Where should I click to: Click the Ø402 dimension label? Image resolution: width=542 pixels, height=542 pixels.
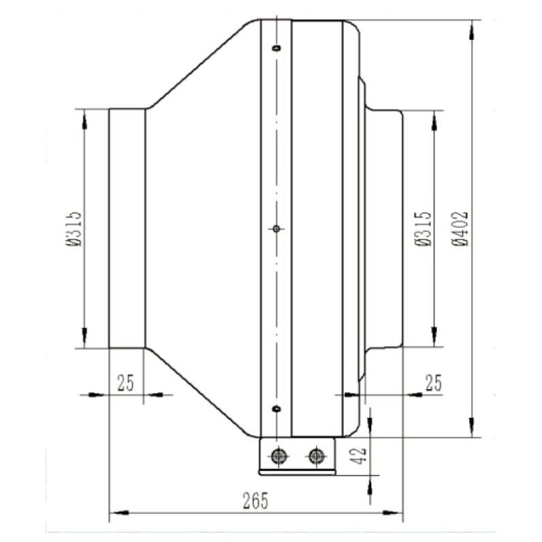(460, 229)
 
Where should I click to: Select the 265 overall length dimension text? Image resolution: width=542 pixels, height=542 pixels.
(255, 501)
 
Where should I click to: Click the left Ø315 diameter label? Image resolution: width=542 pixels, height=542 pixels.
(74, 229)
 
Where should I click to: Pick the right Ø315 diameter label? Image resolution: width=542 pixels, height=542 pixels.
(424, 229)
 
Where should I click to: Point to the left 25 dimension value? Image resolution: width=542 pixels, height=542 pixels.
(125, 383)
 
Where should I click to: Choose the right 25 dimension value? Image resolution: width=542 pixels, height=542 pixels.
(434, 383)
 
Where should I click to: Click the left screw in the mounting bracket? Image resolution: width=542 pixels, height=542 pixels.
(278, 456)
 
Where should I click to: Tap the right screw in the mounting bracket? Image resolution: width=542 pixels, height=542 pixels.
(315, 456)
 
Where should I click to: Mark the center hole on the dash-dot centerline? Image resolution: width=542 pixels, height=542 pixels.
(276, 229)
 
